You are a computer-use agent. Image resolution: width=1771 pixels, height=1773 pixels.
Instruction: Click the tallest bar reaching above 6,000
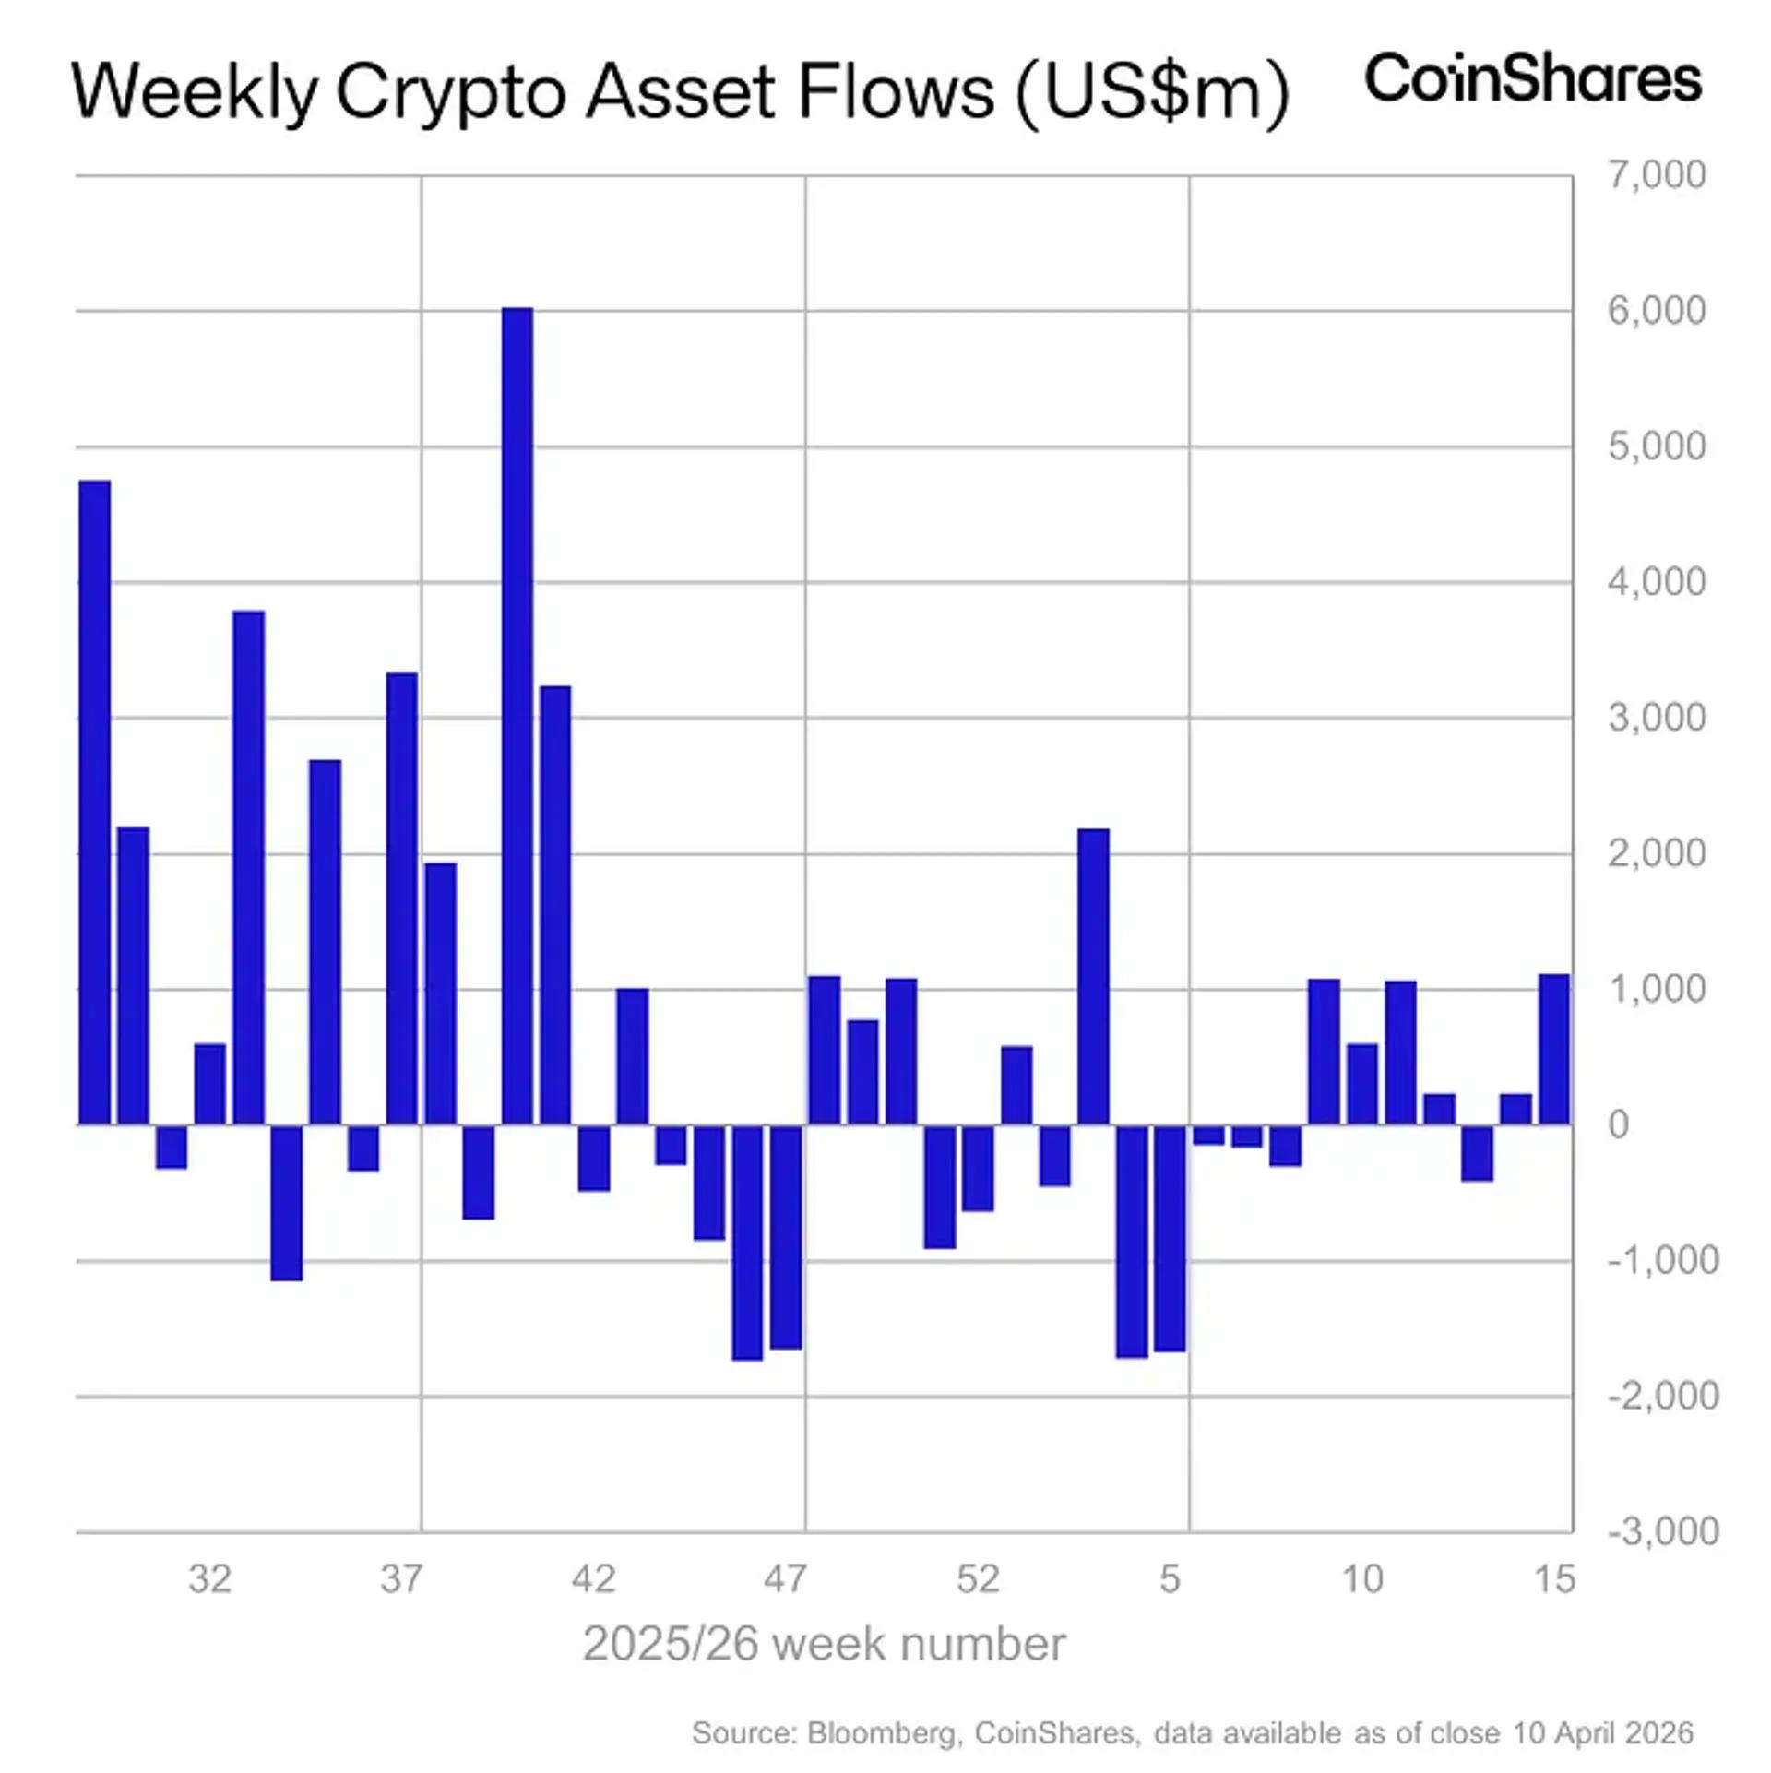517,715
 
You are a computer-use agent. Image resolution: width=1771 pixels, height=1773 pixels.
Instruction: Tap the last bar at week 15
1554,1049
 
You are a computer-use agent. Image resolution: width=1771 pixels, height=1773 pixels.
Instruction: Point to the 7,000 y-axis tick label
1656,174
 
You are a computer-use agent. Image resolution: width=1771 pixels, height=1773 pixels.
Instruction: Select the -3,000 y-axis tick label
1663,1531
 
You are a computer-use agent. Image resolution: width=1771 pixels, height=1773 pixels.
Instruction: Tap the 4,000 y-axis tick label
1656,582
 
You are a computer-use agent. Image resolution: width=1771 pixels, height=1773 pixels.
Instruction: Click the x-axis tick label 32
209,1579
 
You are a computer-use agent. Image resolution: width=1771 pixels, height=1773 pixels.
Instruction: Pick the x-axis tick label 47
785,1579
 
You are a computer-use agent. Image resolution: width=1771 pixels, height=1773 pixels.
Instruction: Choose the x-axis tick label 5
1170,1579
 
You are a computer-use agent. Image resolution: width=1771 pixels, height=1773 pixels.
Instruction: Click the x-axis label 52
978,1579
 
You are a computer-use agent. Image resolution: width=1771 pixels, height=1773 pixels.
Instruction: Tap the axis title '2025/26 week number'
824,1644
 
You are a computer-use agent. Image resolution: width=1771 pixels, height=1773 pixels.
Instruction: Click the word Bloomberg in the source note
883,1732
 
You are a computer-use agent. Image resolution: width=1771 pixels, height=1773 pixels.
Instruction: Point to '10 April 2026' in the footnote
1602,1732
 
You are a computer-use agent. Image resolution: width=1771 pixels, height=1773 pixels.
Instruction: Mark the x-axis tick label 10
1361,1579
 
